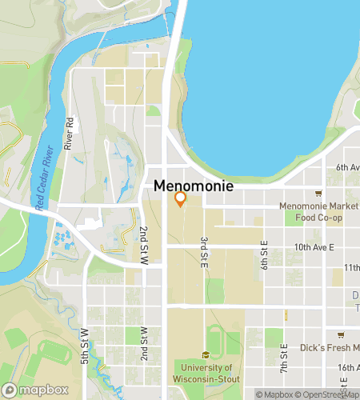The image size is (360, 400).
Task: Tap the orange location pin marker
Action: click(181, 199)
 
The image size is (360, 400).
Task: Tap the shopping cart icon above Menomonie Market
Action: click(318, 193)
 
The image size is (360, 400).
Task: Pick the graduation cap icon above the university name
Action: click(206, 354)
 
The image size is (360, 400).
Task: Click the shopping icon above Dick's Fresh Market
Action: click(341, 334)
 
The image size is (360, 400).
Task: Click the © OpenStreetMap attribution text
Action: click(327, 394)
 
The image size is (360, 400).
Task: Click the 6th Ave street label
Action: click(346, 167)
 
